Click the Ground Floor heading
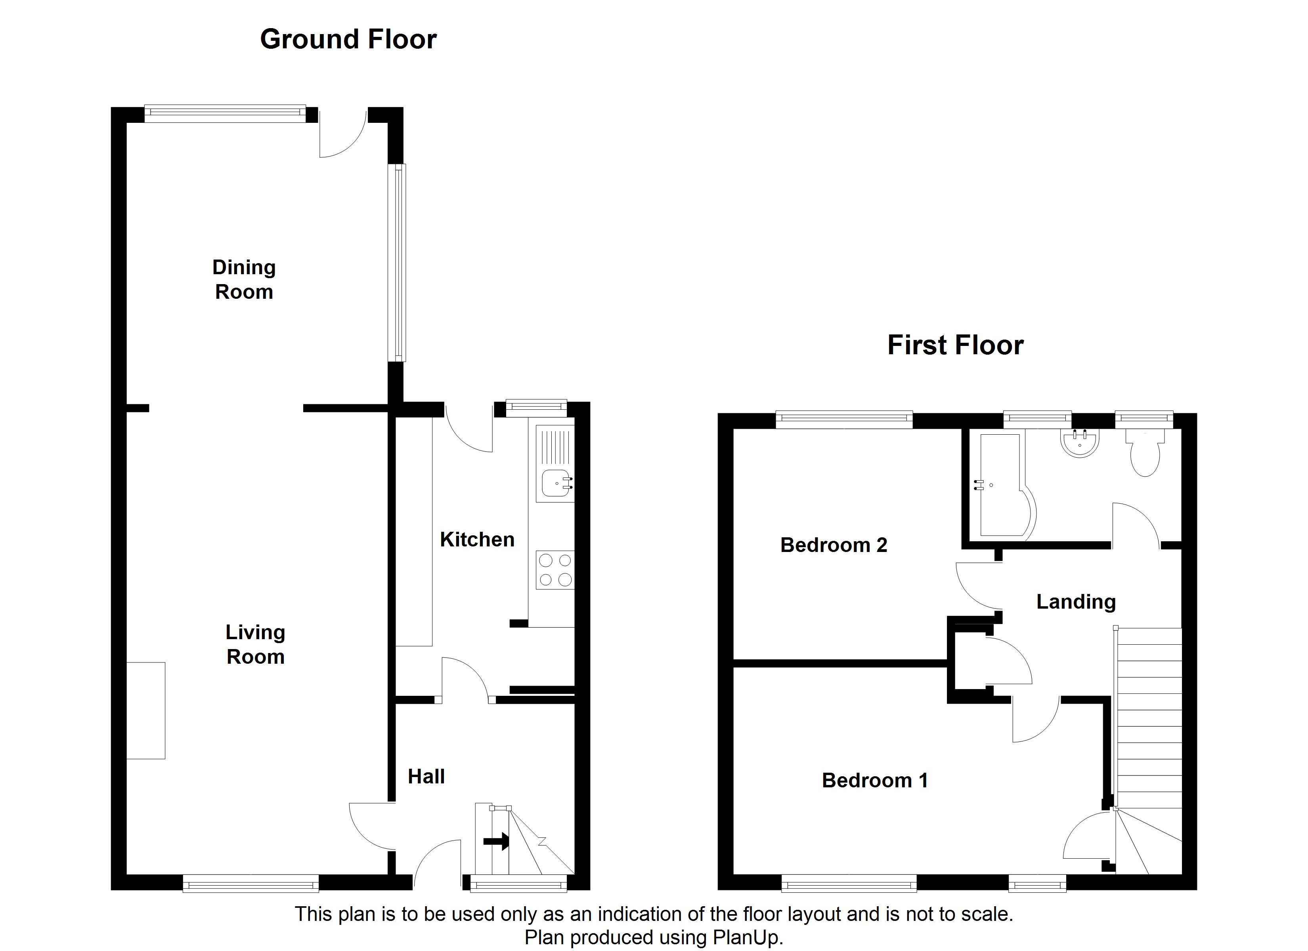(x=348, y=40)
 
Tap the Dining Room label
(x=244, y=280)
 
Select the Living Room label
(x=255, y=644)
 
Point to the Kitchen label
(x=477, y=540)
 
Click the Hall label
(x=426, y=777)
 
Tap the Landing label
(x=1076, y=602)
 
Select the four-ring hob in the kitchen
(x=555, y=570)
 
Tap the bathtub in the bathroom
(x=1002, y=485)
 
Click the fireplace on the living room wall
(x=146, y=710)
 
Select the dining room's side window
(x=397, y=262)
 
